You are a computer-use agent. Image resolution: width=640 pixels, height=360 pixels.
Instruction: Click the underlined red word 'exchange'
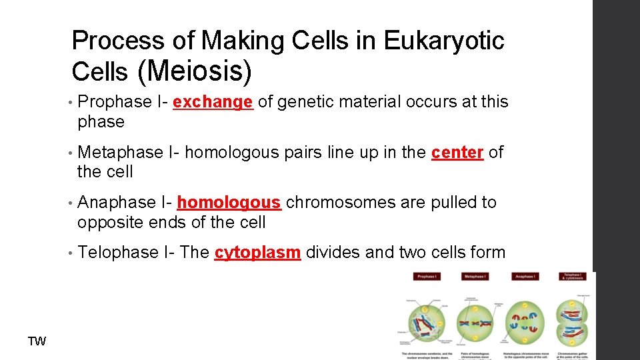(x=212, y=102)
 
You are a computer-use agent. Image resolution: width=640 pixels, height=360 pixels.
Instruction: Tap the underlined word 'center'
(x=457, y=152)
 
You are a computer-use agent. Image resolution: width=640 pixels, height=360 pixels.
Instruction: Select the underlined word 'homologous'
(x=229, y=202)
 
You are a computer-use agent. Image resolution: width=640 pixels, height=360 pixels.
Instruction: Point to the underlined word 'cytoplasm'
(x=257, y=253)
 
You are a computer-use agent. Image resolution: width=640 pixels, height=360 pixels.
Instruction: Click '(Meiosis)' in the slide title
(x=194, y=71)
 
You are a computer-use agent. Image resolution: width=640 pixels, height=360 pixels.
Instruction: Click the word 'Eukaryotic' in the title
(x=444, y=41)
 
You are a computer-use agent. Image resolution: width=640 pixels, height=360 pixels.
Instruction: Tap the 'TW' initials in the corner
(x=37, y=342)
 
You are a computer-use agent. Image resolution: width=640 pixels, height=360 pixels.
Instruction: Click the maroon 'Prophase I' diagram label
(x=426, y=277)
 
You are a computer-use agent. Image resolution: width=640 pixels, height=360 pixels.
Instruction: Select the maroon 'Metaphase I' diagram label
(x=475, y=277)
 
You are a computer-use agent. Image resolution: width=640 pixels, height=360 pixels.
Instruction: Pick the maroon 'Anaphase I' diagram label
(x=525, y=277)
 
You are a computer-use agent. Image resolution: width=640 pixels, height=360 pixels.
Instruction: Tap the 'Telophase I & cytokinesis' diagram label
(x=573, y=276)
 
